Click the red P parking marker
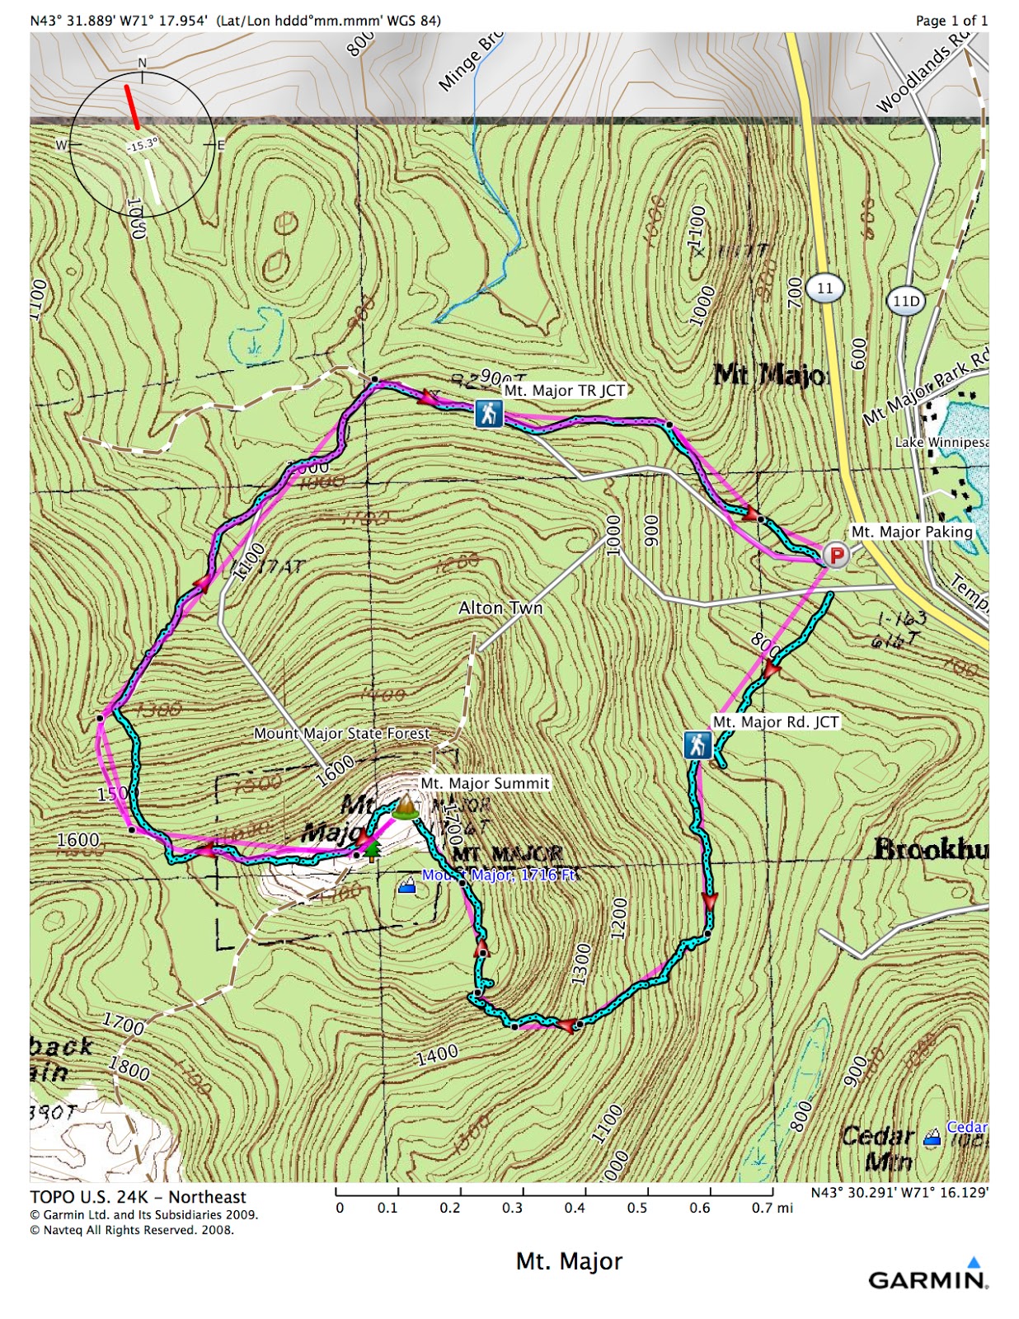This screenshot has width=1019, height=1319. click(x=836, y=555)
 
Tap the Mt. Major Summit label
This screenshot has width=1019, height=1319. click(x=485, y=783)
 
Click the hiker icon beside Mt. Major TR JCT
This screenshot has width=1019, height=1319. click(x=488, y=413)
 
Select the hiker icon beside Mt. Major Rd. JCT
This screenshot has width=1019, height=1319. click(x=697, y=744)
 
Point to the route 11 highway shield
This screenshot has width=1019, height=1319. click(x=824, y=288)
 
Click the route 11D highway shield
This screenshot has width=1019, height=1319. click(x=905, y=301)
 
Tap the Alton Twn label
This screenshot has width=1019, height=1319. click(x=500, y=608)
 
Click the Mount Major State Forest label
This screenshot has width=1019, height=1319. click(x=341, y=733)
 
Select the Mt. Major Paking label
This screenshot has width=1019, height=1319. click(x=912, y=532)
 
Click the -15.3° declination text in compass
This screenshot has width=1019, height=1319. click(x=142, y=145)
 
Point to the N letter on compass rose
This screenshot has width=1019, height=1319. click(x=142, y=63)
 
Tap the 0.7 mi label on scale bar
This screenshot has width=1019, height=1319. click(x=772, y=1208)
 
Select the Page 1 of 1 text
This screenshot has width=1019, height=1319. click(x=951, y=21)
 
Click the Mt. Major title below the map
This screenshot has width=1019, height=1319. click(x=569, y=1261)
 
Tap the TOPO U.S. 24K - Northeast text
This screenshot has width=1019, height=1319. click(x=139, y=1197)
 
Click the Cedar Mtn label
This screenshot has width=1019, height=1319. click(x=878, y=1148)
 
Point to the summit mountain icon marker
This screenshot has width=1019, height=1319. click(x=405, y=806)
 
